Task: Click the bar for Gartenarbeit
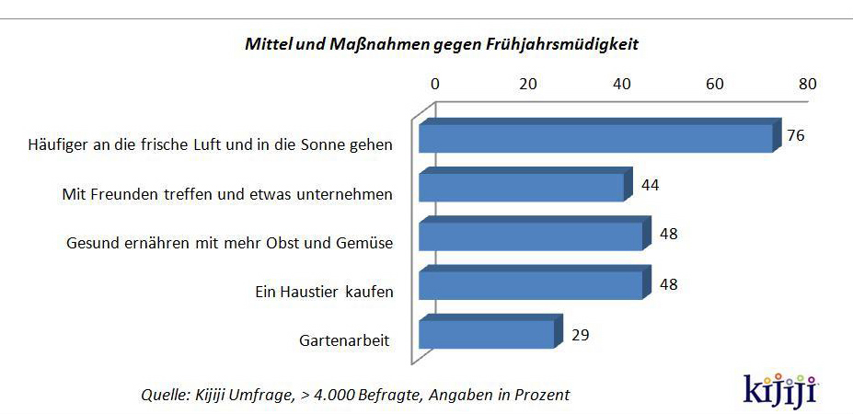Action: click(x=487, y=334)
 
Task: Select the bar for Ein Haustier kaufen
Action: click(x=530, y=284)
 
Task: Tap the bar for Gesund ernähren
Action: click(x=530, y=236)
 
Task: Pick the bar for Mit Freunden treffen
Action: click(x=521, y=187)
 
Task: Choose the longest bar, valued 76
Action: click(x=594, y=138)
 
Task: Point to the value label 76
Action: click(x=796, y=135)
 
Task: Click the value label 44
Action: click(x=650, y=185)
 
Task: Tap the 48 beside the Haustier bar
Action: click(x=669, y=284)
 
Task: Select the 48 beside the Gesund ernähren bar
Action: click(x=669, y=235)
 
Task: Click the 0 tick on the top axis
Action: click(x=435, y=84)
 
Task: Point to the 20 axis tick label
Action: click(x=528, y=84)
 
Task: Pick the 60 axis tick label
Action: click(x=714, y=84)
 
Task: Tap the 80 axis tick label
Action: click(x=807, y=84)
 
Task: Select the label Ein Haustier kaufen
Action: click(x=324, y=292)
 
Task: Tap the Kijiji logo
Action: click(x=780, y=386)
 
